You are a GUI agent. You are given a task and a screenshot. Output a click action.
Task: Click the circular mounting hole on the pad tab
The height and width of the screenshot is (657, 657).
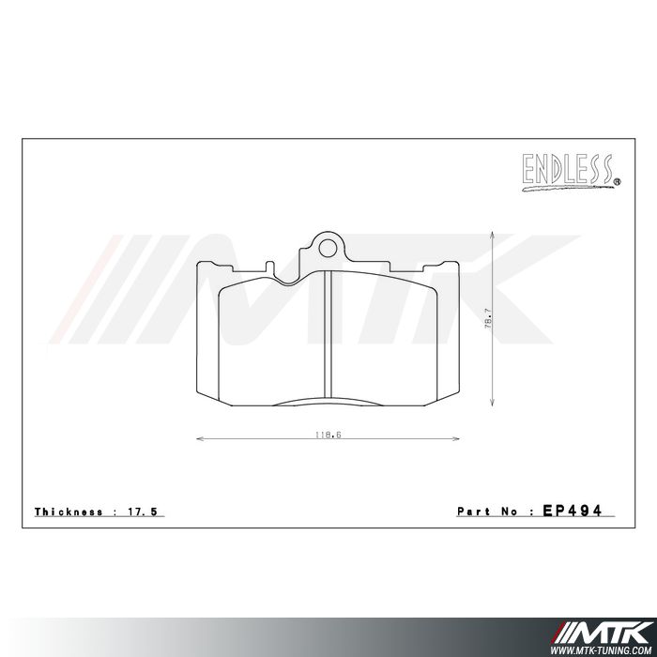pos(326,248)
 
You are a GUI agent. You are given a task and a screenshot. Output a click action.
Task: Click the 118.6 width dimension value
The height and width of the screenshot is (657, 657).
pos(327,433)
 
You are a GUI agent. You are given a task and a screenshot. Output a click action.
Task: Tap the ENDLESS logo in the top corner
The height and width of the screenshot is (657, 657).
pos(567,170)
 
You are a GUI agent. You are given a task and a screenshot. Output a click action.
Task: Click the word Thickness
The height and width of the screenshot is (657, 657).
pos(69,512)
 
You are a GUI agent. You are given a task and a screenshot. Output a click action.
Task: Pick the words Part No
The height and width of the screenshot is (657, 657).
pos(488,512)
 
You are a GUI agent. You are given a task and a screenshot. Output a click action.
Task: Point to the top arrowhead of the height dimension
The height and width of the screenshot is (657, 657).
pos(494,234)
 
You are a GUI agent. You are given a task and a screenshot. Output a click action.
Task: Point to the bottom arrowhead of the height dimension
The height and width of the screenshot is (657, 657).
pos(494,404)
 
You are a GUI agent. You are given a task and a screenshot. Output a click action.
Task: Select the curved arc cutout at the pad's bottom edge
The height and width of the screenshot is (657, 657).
pos(326,401)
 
